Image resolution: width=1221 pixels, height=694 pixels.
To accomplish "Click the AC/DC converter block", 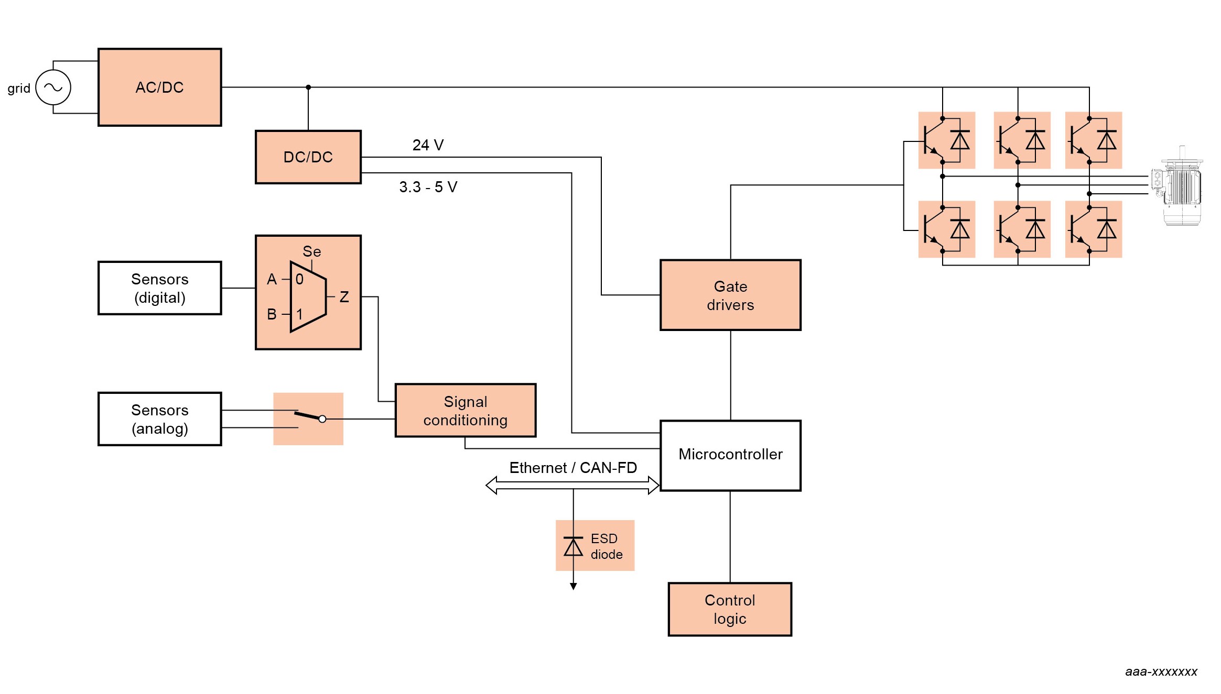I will click(x=159, y=87).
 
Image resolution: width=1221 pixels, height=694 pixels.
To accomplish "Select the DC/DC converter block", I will click(x=308, y=157).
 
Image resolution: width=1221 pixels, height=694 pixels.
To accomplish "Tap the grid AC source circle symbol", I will click(x=53, y=87).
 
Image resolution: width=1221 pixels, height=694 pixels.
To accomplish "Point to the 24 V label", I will click(x=428, y=145).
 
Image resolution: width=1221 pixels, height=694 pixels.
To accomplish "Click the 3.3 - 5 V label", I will click(x=428, y=187).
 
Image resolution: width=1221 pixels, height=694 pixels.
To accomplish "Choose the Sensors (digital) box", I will click(x=159, y=288).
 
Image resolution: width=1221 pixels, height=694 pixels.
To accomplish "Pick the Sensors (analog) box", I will click(x=159, y=419).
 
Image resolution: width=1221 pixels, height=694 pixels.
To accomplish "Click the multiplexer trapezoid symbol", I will click(x=308, y=296).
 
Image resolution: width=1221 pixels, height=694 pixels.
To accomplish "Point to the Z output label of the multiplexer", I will click(x=344, y=297).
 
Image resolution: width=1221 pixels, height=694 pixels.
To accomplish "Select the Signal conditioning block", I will click(x=465, y=411).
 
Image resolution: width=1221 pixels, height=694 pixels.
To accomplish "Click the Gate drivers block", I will click(x=730, y=295).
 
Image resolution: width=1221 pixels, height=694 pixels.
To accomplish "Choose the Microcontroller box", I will click(x=730, y=455).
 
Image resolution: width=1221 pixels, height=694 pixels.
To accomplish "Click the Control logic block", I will click(x=730, y=609).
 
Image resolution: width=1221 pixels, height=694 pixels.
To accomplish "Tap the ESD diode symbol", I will click(x=574, y=547).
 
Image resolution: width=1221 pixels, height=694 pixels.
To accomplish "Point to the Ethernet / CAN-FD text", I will click(x=573, y=468).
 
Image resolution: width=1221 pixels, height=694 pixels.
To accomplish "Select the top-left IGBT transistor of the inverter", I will click(x=934, y=140).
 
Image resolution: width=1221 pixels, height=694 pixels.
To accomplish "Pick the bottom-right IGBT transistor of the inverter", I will click(x=1080, y=229).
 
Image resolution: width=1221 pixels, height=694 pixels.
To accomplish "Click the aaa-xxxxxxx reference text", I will click(x=1161, y=671).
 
